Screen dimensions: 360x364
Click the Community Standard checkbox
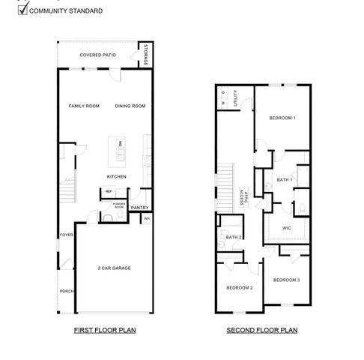click(23, 10)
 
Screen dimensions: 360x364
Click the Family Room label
click(84, 106)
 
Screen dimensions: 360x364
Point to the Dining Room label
click(130, 106)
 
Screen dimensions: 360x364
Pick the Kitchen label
click(116, 177)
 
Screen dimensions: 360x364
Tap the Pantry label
click(140, 208)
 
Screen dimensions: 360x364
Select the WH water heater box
click(147, 219)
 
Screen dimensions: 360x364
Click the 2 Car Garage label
click(115, 267)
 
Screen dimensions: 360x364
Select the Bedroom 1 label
click(282, 118)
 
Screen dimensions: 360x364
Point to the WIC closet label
click(286, 228)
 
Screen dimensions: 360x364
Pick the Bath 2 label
click(233, 238)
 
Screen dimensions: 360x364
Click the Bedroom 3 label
click(286, 280)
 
